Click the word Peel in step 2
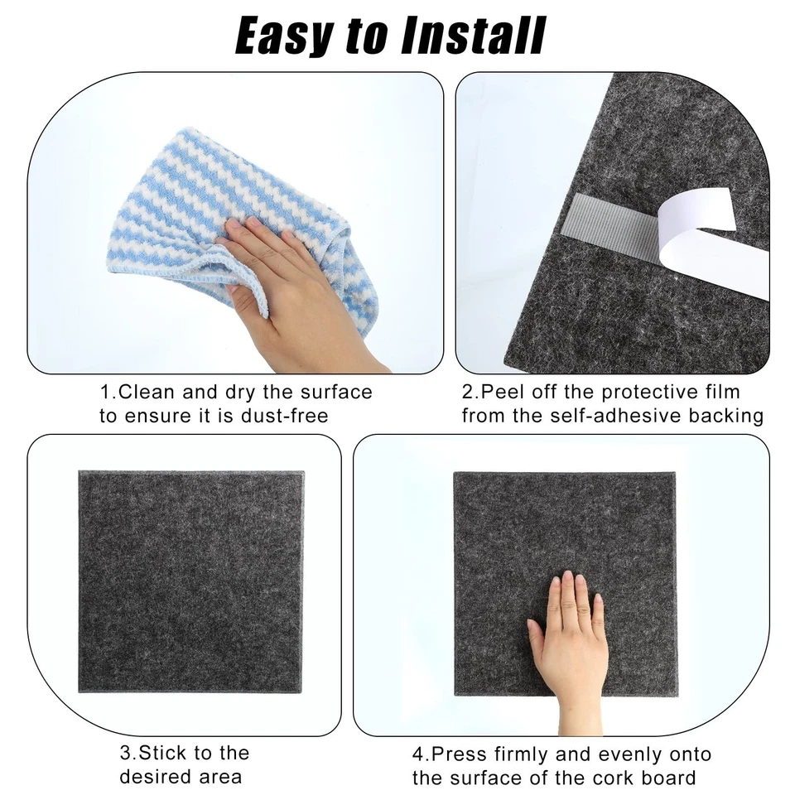pos(500,392)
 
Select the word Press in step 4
pos(459,754)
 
